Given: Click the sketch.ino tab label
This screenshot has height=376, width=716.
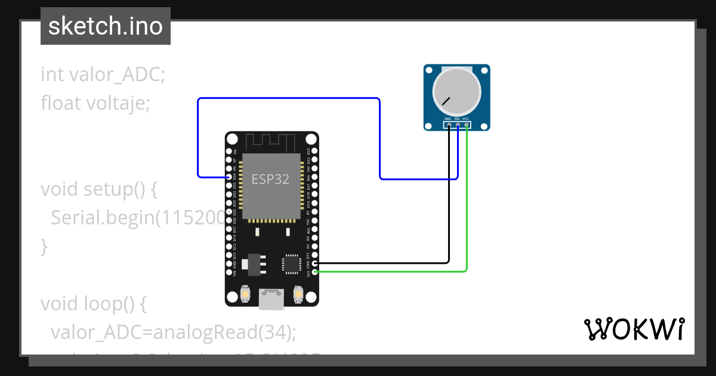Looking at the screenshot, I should point(106,26).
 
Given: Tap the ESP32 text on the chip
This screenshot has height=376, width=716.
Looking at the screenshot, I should point(270,179).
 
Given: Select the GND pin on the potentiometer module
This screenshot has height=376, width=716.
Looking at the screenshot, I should point(449,125).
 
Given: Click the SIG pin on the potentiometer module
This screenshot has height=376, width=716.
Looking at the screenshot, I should point(458,125).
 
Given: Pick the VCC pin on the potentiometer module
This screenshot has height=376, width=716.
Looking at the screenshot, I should point(467,125).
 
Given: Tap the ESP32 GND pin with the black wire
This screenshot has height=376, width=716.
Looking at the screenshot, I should point(314,263).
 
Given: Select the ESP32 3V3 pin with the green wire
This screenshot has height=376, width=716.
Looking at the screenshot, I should point(314,272).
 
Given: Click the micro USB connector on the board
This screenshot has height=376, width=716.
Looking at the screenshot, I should point(272,298).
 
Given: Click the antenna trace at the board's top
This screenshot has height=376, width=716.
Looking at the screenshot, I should point(271,143).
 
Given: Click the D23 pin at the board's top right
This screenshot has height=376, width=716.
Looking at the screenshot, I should point(314,152).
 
